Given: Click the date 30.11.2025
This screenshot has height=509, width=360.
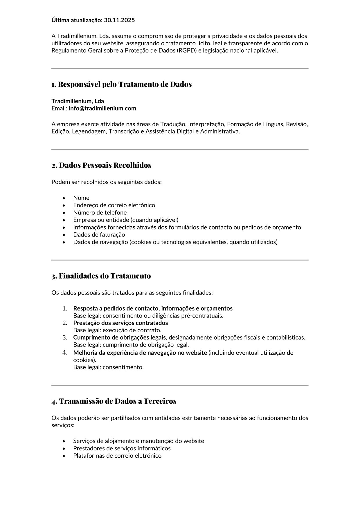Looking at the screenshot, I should (x=119, y=20).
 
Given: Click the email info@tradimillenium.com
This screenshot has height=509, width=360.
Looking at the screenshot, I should (x=102, y=109).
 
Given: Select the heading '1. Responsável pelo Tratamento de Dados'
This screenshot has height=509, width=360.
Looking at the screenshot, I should (x=122, y=84).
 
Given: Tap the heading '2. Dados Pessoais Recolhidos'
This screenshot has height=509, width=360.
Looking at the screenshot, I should (x=101, y=165).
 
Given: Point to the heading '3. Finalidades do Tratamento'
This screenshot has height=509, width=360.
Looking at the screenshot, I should (x=101, y=276).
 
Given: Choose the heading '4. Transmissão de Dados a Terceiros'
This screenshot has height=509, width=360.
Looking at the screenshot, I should (x=114, y=401).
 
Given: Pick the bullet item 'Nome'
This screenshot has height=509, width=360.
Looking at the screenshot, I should (x=81, y=198).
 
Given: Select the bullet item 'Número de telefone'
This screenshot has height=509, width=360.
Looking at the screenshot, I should (x=100, y=213).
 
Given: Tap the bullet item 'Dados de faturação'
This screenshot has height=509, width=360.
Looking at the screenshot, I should (x=99, y=235).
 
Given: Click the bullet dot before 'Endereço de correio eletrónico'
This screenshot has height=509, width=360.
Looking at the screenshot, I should (x=64, y=205).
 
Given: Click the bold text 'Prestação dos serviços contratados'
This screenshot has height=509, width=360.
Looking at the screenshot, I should (x=120, y=323).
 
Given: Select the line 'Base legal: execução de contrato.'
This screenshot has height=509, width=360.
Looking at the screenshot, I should (x=117, y=330).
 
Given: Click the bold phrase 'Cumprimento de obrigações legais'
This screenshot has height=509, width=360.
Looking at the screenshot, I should (x=119, y=337).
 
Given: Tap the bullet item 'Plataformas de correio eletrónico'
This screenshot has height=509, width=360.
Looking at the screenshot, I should (x=117, y=456).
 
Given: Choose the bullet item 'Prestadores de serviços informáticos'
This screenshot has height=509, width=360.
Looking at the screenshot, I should (x=122, y=448).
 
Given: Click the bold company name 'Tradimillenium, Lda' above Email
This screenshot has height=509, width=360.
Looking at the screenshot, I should (x=78, y=101).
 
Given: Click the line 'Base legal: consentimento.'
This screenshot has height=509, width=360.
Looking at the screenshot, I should (x=108, y=367).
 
